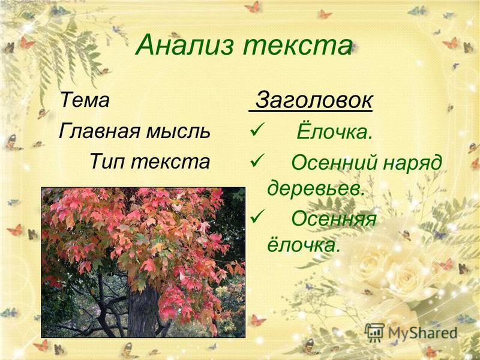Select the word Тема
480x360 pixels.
click(x=85, y=100)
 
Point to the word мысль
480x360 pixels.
click(x=178, y=131)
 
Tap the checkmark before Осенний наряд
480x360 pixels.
click(x=256, y=160)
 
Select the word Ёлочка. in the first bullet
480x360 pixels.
click(x=335, y=131)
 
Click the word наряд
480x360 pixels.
click(x=413, y=163)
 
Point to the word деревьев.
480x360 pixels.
click(x=316, y=188)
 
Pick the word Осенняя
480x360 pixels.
click(x=334, y=219)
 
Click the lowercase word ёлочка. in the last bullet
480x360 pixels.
click(x=304, y=244)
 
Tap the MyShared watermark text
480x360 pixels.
click(x=422, y=333)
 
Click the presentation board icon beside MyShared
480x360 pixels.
click(x=374, y=332)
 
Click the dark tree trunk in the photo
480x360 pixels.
click(x=142, y=309)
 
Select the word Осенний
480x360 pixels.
click(x=334, y=162)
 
